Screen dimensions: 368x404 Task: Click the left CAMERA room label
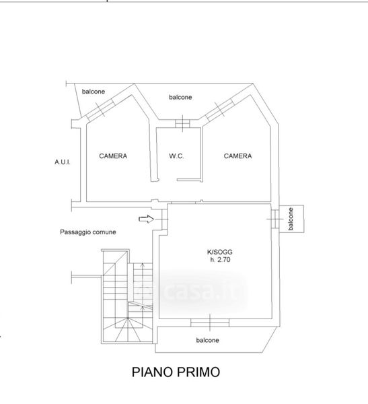113,156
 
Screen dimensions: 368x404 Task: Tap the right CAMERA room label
237,156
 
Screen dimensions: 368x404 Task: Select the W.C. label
176,156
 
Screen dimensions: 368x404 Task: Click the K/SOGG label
220,252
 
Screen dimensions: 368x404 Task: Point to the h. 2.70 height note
220,259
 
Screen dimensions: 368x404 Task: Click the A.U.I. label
63,162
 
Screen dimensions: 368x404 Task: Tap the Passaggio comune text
88,232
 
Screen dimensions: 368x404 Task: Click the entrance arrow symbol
146,219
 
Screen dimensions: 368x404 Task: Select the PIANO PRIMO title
176,372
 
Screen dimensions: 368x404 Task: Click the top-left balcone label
94,92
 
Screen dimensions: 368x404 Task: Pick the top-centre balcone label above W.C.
180,97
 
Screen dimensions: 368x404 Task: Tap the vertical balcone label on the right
291,219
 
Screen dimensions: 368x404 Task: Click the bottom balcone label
208,340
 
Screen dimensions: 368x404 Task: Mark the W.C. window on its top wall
182,123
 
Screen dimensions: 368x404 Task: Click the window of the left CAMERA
100,110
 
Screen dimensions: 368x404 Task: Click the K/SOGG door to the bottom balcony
210,323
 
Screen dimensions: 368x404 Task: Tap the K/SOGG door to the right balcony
275,219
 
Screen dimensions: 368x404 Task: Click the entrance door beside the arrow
164,219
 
